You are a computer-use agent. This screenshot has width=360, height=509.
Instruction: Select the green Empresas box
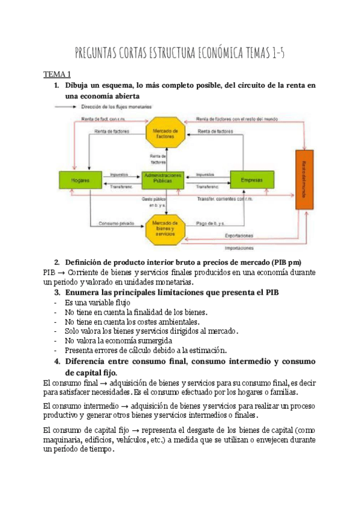click(252, 179)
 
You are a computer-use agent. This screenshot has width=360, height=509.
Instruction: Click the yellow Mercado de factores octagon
click(163, 133)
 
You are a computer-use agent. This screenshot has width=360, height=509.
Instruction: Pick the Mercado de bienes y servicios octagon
click(163, 226)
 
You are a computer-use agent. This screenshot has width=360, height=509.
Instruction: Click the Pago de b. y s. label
click(210, 224)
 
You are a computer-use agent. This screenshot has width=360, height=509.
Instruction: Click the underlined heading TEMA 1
click(56, 74)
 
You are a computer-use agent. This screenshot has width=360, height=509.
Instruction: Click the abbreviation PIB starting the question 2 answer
click(50, 271)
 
